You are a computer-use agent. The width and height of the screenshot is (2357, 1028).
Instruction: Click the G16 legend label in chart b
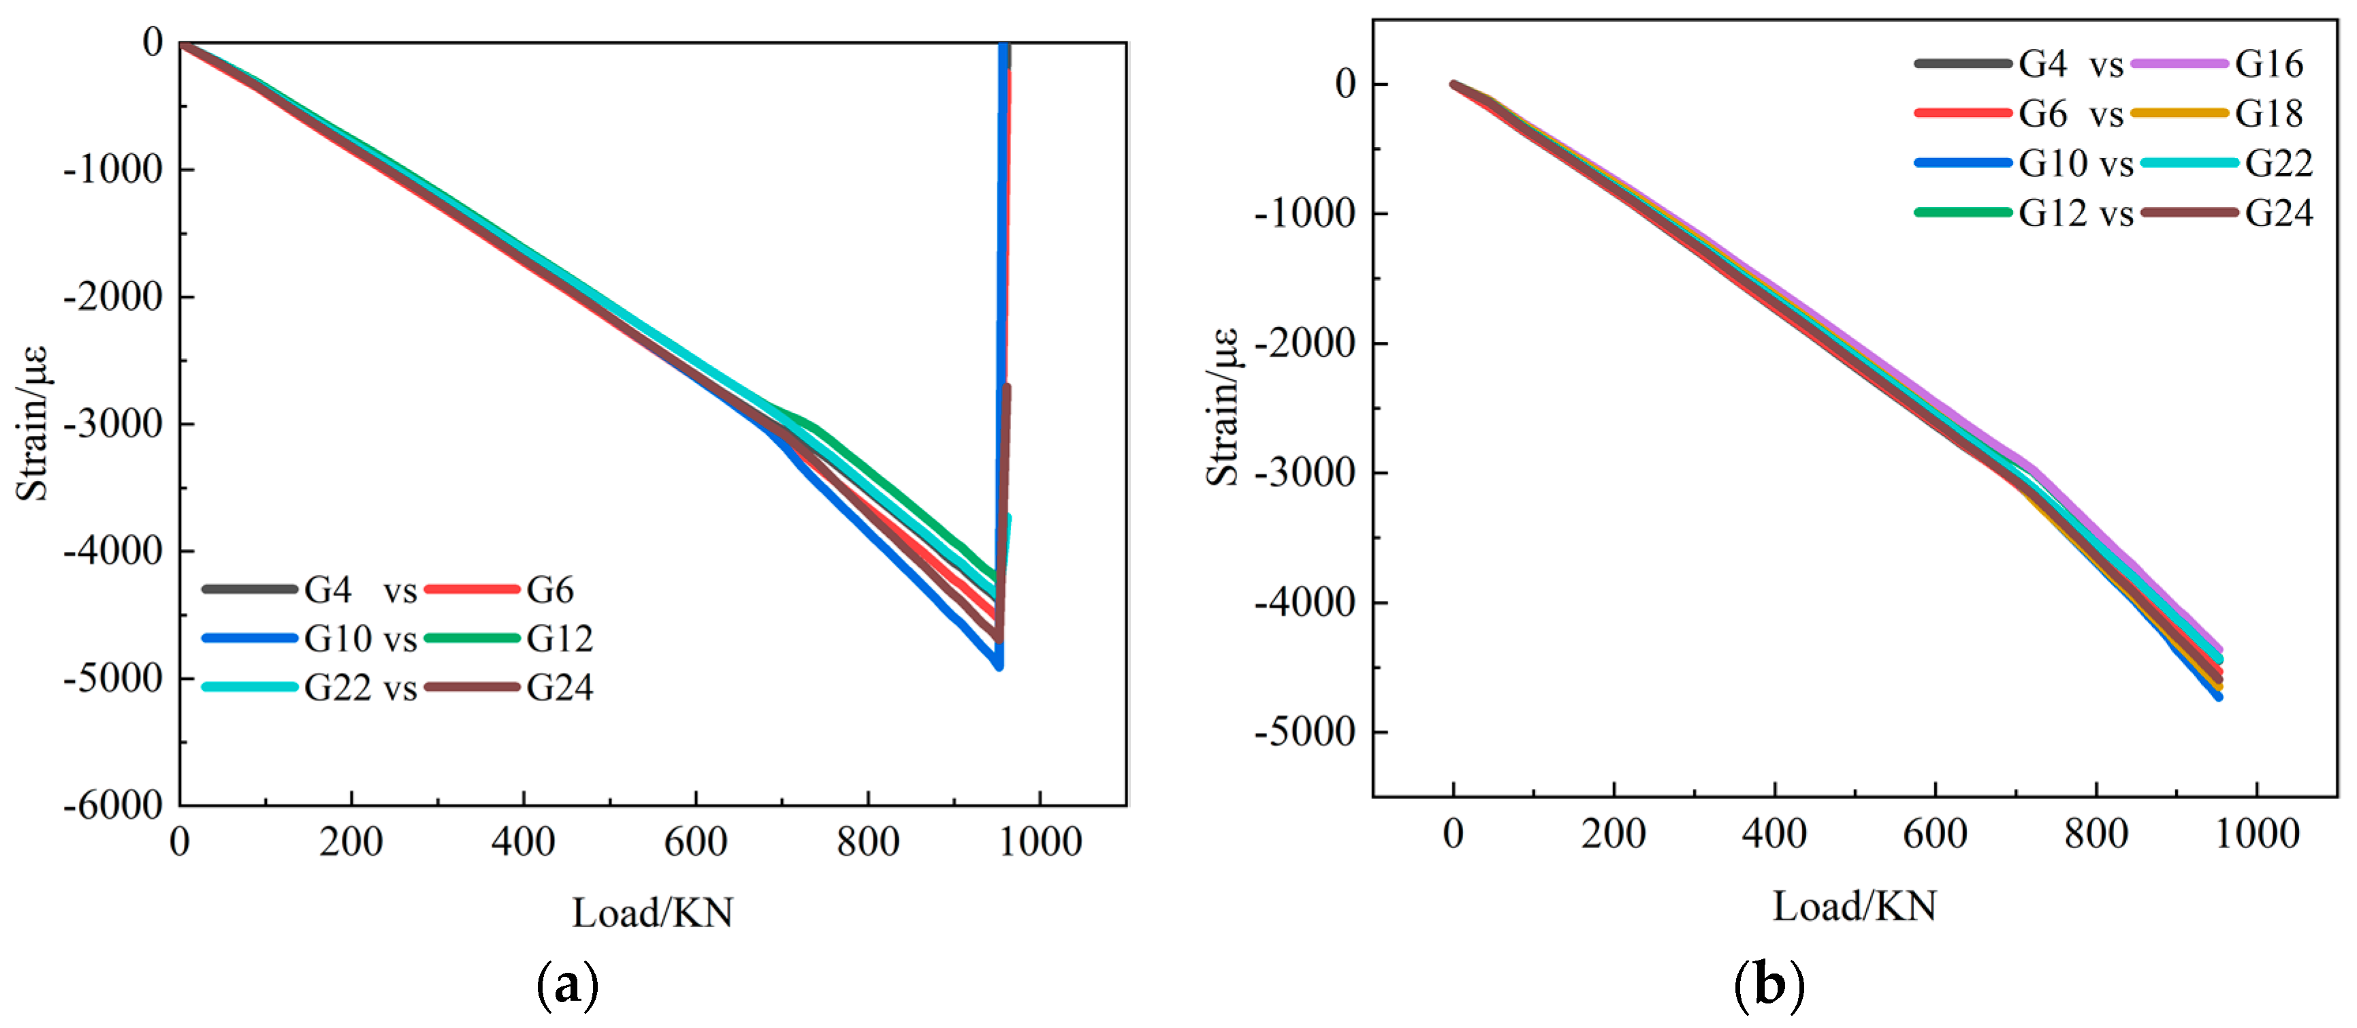click(2268, 64)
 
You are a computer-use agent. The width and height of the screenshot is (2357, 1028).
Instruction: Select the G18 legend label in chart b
click(2268, 114)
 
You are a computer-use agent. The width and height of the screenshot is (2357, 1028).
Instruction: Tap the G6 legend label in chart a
click(550, 591)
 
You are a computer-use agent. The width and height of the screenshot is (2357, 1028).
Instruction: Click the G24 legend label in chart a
click(559, 687)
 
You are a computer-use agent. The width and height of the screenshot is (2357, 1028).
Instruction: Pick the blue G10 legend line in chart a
click(249, 638)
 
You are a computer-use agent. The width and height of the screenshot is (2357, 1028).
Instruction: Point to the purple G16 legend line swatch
click(2179, 64)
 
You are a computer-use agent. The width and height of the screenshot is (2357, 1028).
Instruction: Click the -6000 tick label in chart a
click(112, 805)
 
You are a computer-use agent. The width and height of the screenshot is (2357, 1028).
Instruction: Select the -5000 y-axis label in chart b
click(1304, 732)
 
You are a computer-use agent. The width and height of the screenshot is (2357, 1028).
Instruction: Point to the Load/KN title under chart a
click(652, 913)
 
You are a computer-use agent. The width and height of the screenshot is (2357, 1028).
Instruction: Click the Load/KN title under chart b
click(1855, 906)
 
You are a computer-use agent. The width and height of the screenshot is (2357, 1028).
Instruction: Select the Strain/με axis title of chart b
click(1223, 407)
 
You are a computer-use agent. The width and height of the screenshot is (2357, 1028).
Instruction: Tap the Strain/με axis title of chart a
click(32, 423)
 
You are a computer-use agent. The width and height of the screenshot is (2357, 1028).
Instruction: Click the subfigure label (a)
click(567, 986)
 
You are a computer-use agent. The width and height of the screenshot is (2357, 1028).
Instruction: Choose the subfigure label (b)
click(1769, 986)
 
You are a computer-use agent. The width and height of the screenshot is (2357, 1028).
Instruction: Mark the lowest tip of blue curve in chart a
click(999, 666)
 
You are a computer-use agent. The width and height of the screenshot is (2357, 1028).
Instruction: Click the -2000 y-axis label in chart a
click(112, 296)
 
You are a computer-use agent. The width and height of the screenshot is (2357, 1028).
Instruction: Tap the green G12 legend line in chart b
click(1963, 213)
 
